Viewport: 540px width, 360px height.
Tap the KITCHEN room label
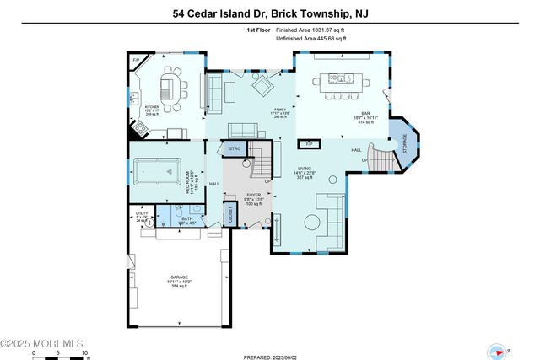[x=152, y=108]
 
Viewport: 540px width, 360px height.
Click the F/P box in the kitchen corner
[x=136, y=61]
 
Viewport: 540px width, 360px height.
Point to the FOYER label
[x=253, y=196]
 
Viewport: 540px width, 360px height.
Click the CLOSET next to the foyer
[x=230, y=214]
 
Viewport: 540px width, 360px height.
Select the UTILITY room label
[x=140, y=216]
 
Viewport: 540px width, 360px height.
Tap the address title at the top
[x=269, y=13]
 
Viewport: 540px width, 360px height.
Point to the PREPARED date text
[x=270, y=357]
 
